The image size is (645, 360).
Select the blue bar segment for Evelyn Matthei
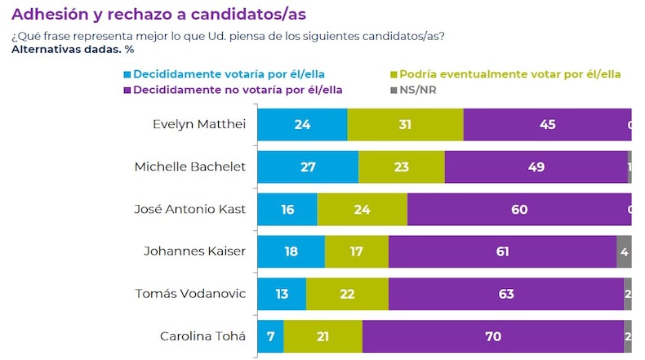(x=302, y=125)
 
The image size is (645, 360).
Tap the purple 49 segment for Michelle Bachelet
(x=536, y=167)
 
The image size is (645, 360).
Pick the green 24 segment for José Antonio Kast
(x=362, y=209)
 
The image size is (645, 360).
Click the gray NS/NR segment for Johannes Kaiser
(x=624, y=251)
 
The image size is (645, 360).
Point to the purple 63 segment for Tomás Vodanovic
(x=506, y=294)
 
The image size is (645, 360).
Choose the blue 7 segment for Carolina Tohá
(x=270, y=336)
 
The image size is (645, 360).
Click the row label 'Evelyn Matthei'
(x=198, y=125)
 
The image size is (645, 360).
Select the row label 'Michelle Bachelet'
(x=189, y=167)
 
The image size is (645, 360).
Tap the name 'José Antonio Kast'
(x=189, y=209)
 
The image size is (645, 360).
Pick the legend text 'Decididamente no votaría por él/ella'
(x=238, y=89)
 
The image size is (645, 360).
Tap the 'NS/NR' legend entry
(x=419, y=89)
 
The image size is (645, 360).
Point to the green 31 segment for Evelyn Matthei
(x=405, y=125)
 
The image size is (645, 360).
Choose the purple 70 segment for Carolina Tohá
(x=493, y=336)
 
